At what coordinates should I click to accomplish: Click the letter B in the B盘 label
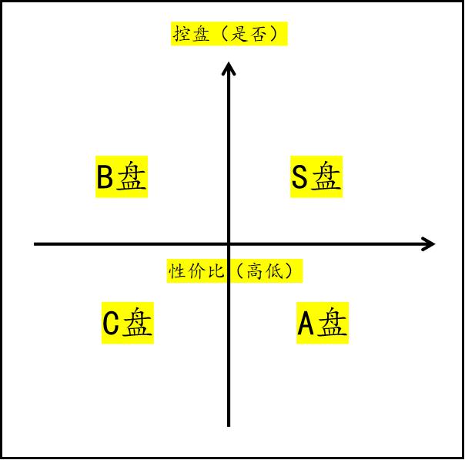105,177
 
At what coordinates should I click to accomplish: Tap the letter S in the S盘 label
299,177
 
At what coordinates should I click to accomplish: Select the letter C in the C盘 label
111,323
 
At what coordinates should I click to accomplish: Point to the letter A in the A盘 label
306,323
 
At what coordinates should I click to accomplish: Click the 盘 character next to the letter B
131,176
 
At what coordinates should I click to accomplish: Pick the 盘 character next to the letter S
326,176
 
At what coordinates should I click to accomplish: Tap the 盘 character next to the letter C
138,322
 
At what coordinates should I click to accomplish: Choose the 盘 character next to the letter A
332,322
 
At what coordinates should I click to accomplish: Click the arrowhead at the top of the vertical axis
229,69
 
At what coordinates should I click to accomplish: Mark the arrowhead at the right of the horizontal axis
429,244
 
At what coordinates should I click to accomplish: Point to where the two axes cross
229,244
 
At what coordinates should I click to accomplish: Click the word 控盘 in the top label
192,34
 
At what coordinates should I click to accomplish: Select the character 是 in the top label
240,34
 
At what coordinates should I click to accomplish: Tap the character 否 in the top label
259,34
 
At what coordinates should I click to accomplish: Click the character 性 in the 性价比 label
177,271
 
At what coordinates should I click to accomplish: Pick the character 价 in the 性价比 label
196,271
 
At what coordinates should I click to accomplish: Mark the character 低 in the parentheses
274,271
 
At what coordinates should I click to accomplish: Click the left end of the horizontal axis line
35,244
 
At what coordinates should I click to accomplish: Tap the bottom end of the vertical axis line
229,426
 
